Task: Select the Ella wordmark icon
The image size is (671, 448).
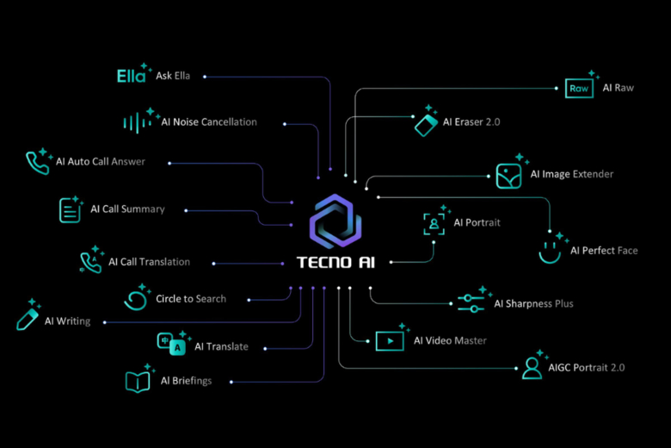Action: tap(131, 76)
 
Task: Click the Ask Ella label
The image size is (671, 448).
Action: tap(173, 76)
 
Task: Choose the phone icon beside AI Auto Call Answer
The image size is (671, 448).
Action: tap(37, 162)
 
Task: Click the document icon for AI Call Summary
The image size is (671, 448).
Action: tap(70, 209)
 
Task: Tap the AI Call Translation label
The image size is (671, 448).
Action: tap(149, 262)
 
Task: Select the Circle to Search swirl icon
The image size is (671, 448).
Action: tap(136, 299)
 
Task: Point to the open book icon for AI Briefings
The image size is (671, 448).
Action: tap(138, 381)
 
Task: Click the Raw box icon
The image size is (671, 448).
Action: tap(578, 89)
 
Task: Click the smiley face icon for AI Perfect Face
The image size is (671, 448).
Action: tap(550, 251)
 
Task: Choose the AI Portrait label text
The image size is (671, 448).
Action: tap(477, 223)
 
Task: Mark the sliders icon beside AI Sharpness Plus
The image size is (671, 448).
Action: tap(470, 302)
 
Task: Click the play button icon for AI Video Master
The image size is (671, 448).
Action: tap(390, 341)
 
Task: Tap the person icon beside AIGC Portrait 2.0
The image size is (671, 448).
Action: tap(532, 368)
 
